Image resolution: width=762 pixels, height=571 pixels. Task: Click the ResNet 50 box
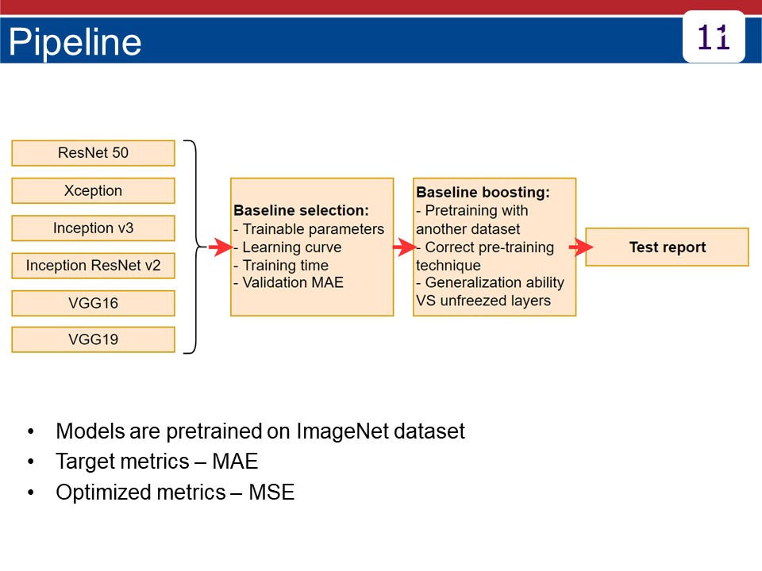coord(94,153)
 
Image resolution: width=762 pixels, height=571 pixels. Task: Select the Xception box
coord(94,190)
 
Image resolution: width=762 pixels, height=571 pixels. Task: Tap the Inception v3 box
coord(94,228)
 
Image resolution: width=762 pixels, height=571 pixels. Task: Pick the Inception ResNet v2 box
coord(94,266)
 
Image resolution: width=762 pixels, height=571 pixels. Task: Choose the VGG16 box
coord(94,303)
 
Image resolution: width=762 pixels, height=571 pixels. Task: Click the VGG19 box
coord(94,339)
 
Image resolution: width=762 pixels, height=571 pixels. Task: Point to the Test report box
coord(668,247)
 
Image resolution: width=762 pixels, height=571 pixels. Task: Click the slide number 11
coord(714,37)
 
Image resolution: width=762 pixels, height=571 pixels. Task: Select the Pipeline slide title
coord(75,42)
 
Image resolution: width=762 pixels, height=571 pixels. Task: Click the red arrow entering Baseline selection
coord(220,247)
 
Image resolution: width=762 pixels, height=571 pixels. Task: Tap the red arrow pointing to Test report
coord(581,247)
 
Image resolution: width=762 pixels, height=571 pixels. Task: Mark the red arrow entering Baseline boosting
coord(404,247)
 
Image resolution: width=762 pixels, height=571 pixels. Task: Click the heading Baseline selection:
coord(302,210)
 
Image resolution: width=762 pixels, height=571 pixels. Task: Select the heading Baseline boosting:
coord(483,192)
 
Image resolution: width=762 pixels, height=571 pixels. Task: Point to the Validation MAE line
coord(289,282)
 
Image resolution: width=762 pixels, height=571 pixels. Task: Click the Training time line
coord(281,266)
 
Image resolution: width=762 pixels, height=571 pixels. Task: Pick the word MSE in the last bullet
coord(271,492)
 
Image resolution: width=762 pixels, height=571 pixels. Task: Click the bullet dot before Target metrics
coord(31,462)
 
